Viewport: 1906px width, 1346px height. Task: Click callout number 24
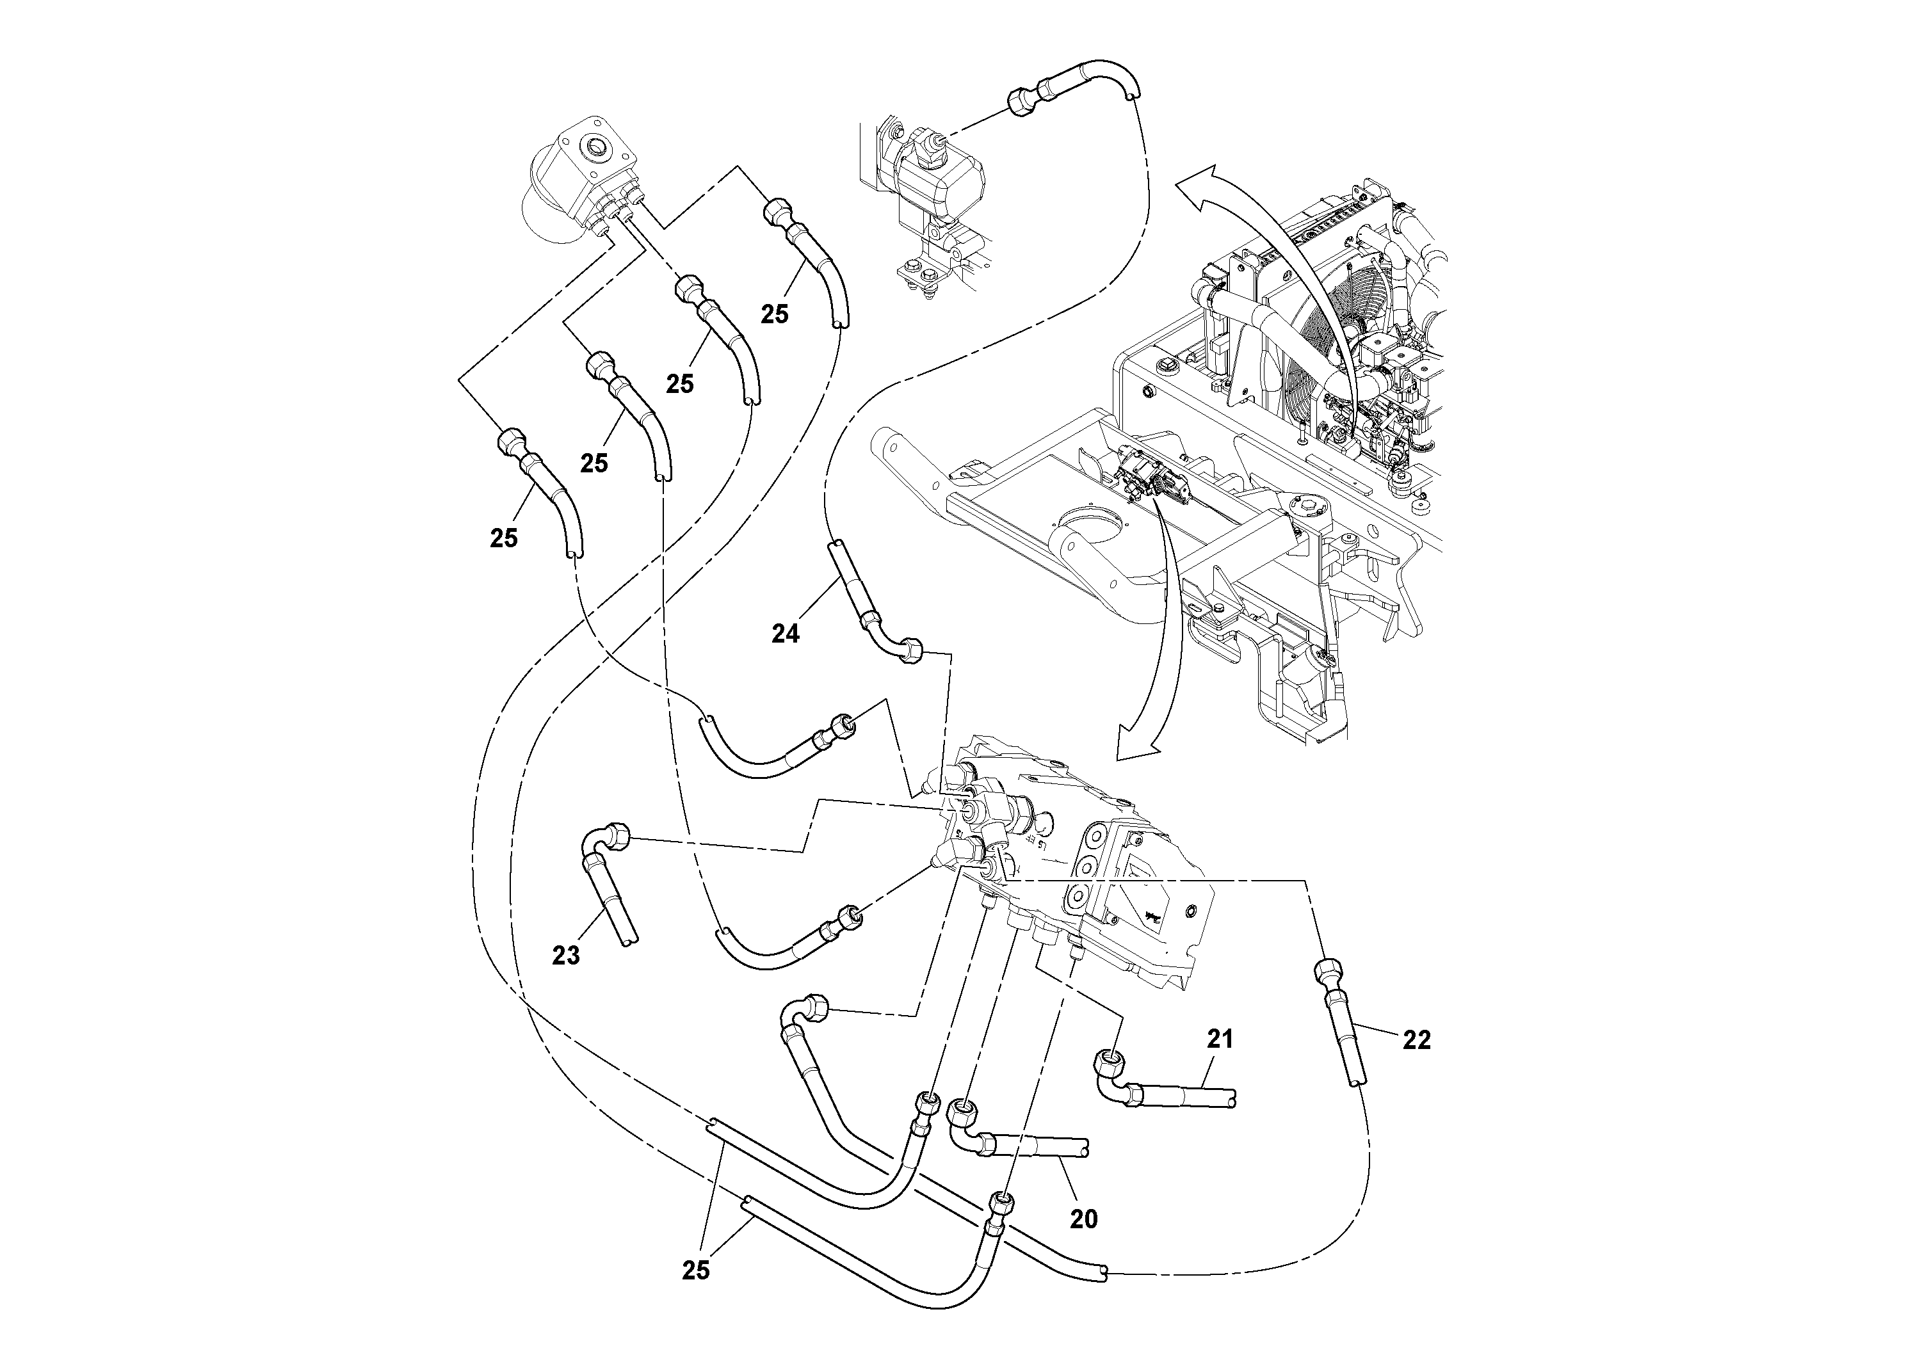(x=786, y=634)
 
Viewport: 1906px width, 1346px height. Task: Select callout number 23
(x=565, y=956)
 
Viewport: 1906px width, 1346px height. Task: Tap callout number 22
(x=1416, y=1041)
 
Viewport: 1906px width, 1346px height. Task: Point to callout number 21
(x=1220, y=1039)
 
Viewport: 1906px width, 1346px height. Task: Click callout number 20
(x=1083, y=1219)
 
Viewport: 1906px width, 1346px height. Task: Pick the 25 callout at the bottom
(x=696, y=1270)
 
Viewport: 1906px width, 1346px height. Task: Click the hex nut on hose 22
(x=1325, y=970)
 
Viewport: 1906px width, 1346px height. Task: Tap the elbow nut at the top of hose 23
(x=616, y=834)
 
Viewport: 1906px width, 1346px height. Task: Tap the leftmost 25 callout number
(x=504, y=538)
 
